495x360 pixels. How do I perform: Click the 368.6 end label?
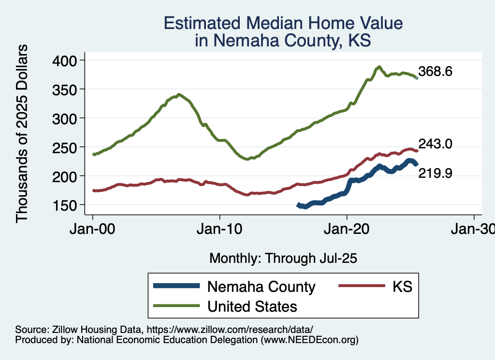(x=436, y=72)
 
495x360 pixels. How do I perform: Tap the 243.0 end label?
(x=436, y=144)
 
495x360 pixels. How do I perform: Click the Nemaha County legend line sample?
(x=176, y=286)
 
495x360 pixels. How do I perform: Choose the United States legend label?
(x=252, y=306)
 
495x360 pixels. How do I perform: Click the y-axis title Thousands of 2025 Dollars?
(x=22, y=133)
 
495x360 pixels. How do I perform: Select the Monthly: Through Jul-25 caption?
(x=283, y=259)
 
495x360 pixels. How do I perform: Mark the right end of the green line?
(x=417, y=78)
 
